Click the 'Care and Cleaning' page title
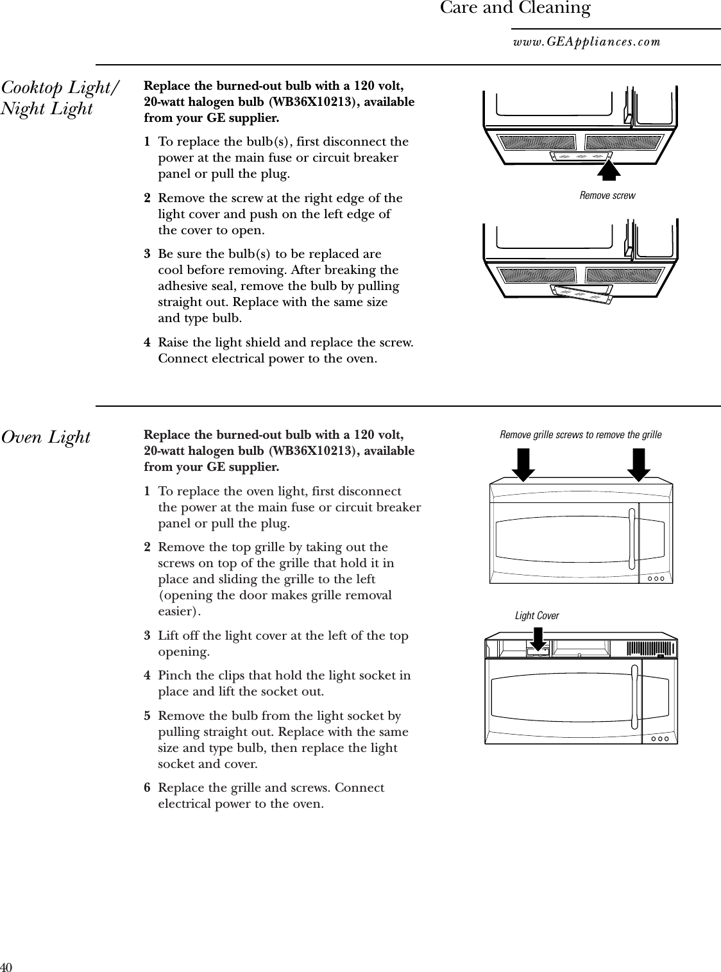click(514, 8)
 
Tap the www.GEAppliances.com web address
click(586, 42)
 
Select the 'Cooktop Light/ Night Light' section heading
click(60, 98)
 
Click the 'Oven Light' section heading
click(46, 438)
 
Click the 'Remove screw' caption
click(607, 195)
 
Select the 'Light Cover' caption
click(537, 616)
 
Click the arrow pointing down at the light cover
click(537, 639)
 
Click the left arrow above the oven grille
click(524, 465)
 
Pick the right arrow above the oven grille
click(639, 465)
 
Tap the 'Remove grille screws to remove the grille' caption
click(580, 435)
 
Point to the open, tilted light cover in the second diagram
click(582, 295)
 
